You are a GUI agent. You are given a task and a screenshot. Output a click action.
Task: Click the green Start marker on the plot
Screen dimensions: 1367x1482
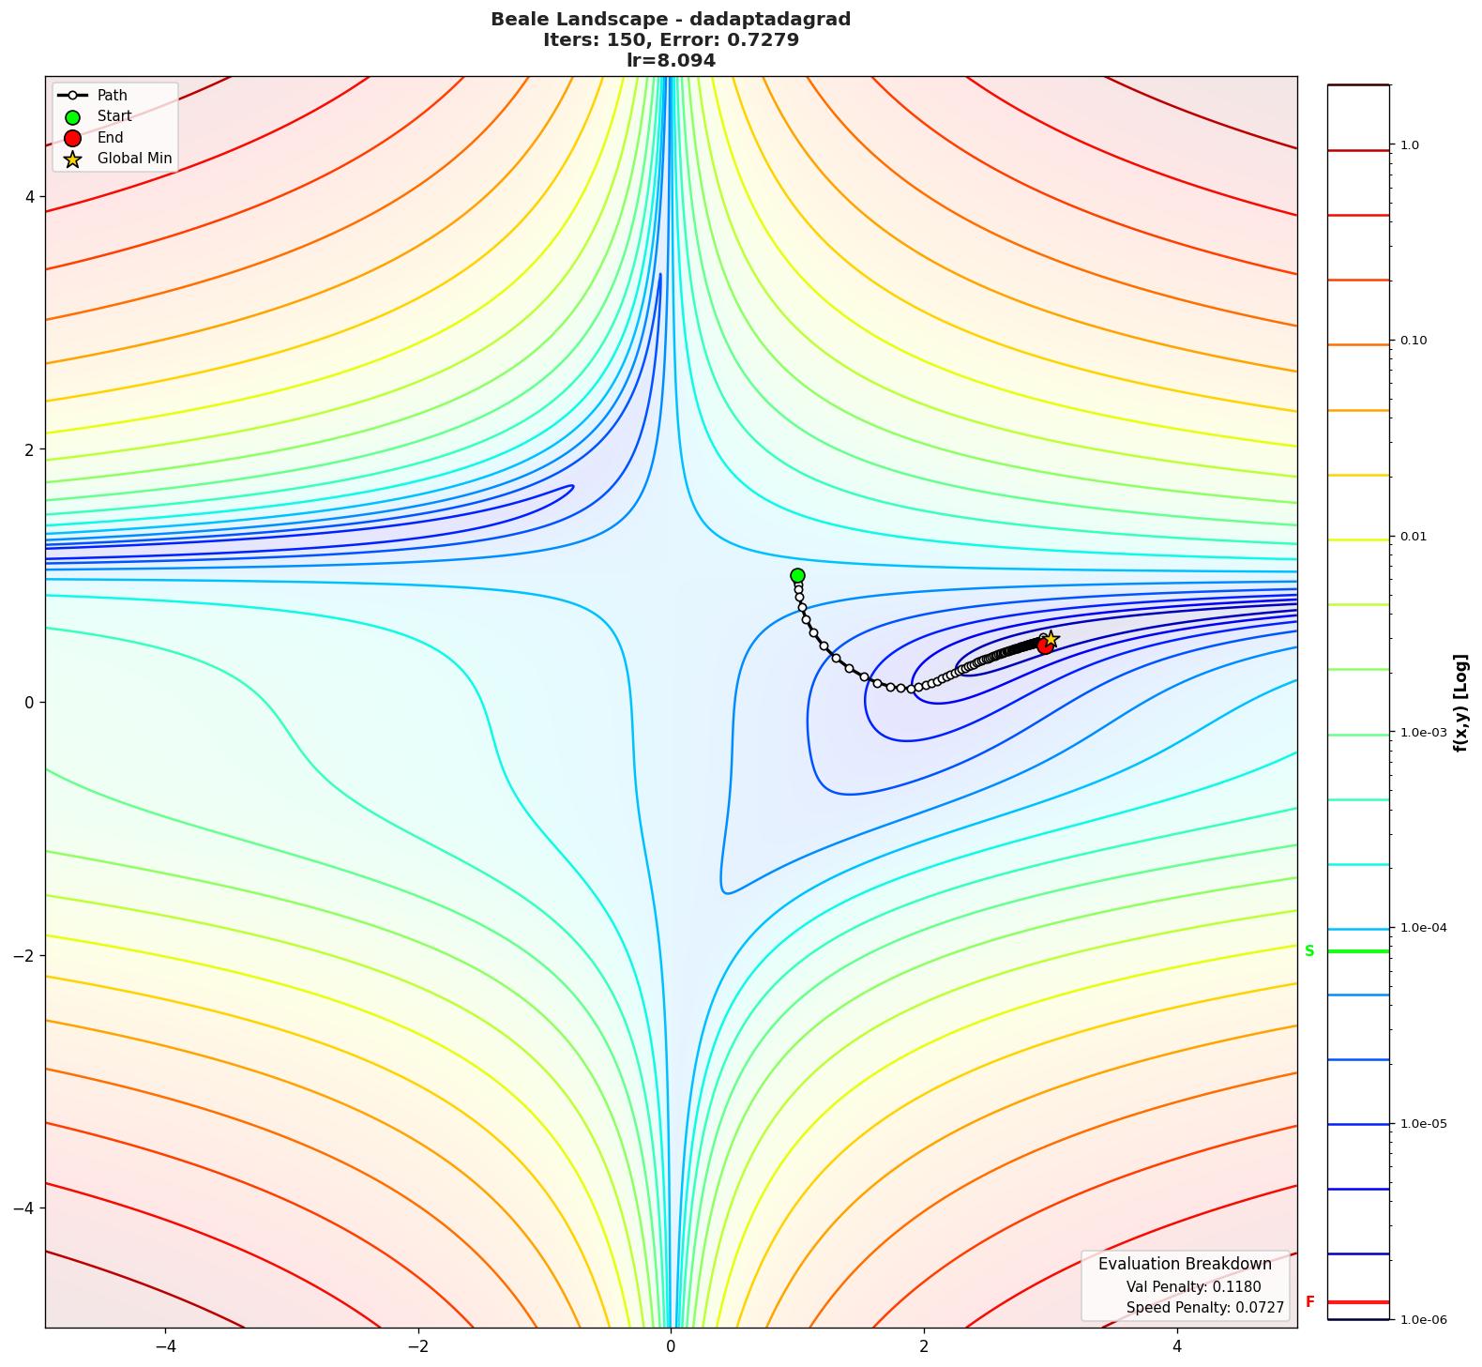tap(797, 575)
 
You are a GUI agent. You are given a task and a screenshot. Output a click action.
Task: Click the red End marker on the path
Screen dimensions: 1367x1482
tap(1045, 646)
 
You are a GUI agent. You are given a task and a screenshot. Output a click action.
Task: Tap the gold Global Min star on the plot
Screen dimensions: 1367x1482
tap(1051, 640)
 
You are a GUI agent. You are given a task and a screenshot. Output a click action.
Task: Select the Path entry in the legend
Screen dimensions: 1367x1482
tap(112, 95)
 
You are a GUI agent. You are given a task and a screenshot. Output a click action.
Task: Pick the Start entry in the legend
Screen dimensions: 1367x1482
tap(114, 116)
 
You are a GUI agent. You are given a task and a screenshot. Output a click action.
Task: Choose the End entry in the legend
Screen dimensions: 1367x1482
tap(110, 137)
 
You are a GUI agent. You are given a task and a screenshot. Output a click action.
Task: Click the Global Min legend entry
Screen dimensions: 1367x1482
tap(134, 159)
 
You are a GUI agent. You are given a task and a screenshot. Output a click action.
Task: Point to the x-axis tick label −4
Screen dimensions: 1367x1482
tap(165, 1346)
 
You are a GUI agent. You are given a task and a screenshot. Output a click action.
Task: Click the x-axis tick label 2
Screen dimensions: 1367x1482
tap(924, 1346)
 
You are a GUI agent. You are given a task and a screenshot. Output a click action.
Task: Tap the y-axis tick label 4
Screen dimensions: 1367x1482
tap(29, 197)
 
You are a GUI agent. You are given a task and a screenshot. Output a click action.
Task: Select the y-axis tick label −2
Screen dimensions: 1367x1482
tap(23, 955)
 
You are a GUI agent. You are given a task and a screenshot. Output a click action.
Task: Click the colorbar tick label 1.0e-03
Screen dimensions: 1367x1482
tap(1423, 732)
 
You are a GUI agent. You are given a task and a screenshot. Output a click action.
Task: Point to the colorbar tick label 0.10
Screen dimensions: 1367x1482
tap(1414, 340)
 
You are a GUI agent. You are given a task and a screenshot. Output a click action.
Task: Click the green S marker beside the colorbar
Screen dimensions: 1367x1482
tap(1309, 951)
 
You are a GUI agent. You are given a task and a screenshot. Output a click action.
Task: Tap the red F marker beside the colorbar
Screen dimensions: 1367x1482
tap(1309, 1302)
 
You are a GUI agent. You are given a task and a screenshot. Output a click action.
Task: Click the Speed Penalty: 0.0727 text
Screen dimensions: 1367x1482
tap(1204, 1308)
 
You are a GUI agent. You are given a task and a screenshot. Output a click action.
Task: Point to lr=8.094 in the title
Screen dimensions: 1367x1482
tap(671, 61)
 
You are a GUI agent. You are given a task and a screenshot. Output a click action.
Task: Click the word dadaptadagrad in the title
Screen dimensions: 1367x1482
tap(770, 19)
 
